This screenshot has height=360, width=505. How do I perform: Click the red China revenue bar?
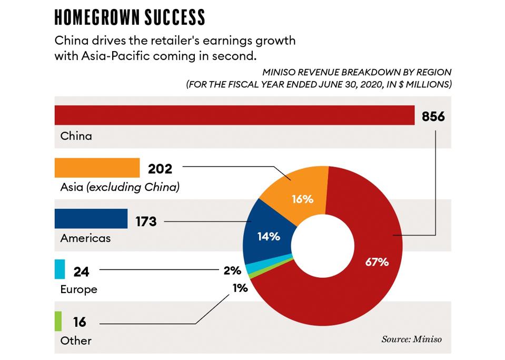click(x=234, y=115)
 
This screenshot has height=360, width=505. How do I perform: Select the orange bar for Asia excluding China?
click(x=97, y=168)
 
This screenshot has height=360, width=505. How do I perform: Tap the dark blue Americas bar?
click(x=91, y=219)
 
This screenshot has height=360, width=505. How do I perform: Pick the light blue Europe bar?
click(x=60, y=269)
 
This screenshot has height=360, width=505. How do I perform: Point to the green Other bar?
click(x=58, y=320)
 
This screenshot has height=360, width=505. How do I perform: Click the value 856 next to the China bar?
click(x=433, y=116)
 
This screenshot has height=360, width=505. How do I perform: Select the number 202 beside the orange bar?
click(x=160, y=169)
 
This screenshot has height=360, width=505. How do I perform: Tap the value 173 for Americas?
click(x=145, y=221)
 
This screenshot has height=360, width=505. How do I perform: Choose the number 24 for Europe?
click(x=82, y=272)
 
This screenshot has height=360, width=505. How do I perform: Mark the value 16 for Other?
click(x=80, y=322)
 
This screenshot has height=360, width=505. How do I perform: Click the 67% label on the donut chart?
click(x=377, y=261)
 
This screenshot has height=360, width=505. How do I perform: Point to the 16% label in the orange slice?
click(x=302, y=199)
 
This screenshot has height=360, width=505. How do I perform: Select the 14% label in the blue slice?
click(x=269, y=237)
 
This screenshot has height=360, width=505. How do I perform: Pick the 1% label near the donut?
click(x=240, y=288)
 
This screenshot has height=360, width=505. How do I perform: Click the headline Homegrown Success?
click(x=130, y=17)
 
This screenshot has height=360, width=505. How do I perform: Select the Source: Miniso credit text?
click(x=411, y=339)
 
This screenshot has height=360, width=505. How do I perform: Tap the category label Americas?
click(x=85, y=238)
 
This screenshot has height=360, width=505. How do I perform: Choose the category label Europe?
click(x=78, y=289)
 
